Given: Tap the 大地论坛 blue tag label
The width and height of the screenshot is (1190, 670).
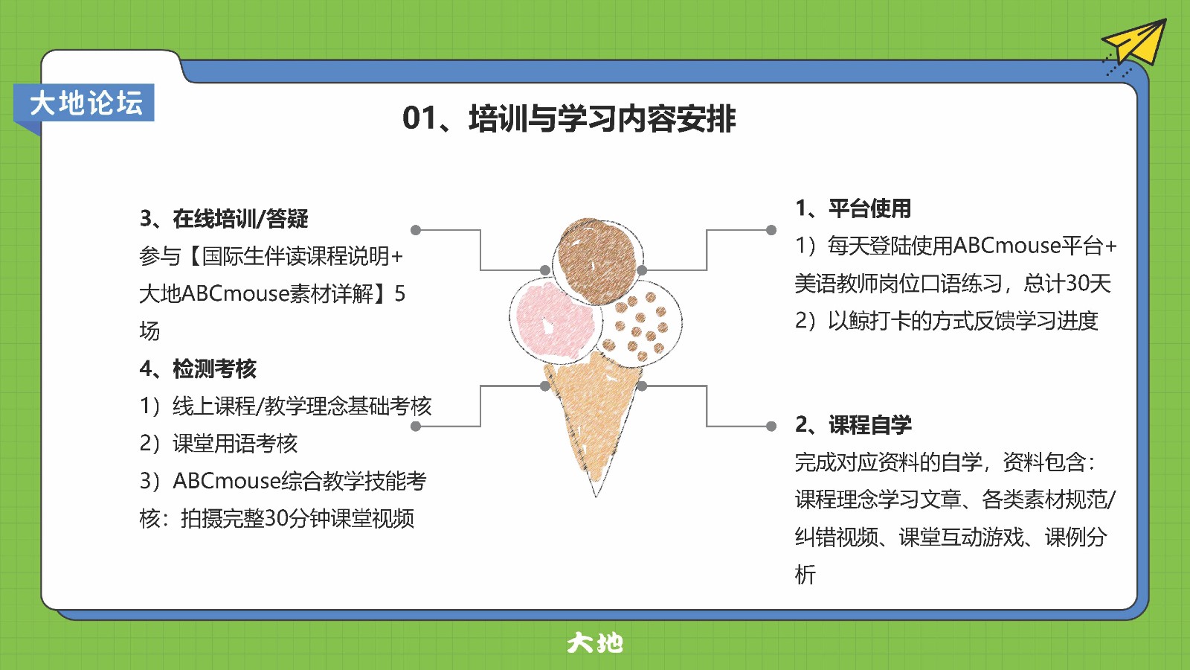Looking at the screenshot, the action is point(84,103).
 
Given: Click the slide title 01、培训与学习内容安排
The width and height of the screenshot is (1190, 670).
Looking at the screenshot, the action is point(569,118).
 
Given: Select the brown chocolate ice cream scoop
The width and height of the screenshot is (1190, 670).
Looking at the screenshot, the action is point(596,261).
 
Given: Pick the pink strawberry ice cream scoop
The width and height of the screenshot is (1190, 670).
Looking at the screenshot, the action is point(553,318).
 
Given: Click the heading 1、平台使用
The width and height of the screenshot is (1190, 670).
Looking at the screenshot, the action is point(853,208).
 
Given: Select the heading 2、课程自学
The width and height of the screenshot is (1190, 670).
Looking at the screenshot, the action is point(853,424).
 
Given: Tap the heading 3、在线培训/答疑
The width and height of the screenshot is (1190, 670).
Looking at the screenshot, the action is point(224,219).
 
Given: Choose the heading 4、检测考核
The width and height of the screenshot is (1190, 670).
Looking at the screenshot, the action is point(198,368).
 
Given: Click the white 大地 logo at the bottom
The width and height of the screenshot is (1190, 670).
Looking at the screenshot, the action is point(595,643).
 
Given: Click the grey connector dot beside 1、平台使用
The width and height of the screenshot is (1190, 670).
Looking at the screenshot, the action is point(771,230).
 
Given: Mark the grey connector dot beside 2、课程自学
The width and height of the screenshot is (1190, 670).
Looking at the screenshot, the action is point(771,426).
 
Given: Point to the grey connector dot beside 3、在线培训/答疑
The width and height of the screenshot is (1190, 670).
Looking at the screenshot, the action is point(416,230).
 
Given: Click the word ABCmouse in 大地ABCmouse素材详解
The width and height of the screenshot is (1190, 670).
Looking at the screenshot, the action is point(235,293).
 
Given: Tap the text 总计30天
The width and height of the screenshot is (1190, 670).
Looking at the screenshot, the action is point(1067,284).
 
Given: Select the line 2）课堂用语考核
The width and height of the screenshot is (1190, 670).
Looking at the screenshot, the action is point(219,444).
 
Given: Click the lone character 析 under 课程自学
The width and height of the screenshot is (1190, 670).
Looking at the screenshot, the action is point(805,574).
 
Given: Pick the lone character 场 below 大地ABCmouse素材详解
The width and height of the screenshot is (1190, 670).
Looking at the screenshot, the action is point(149,331).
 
